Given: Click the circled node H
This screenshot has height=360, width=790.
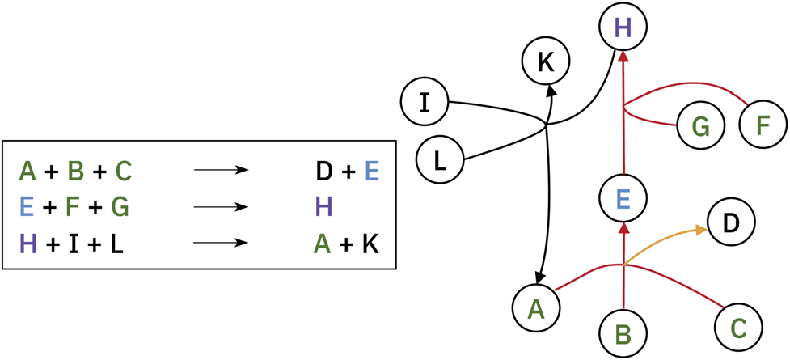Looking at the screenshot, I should point(623,28).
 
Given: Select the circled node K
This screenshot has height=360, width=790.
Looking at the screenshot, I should point(546,61).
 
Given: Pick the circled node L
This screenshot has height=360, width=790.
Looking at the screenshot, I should point(439,159).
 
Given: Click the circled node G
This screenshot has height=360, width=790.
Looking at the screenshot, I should point(700,126).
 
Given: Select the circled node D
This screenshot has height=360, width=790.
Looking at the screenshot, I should point(731,222).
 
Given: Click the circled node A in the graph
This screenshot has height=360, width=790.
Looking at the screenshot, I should point(536,308).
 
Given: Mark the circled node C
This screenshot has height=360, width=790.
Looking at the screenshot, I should point(737,327).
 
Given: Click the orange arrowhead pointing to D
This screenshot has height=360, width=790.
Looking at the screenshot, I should point(699,231).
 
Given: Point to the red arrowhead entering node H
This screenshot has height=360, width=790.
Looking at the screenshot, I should point(623,57).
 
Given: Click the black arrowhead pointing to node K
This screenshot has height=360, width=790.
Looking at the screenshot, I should point(552,88).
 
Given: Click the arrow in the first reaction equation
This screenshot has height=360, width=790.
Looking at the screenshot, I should point(221,172).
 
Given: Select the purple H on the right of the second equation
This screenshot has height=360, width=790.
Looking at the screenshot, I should point(323,207).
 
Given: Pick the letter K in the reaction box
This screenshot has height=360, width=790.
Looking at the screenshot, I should point(370,244).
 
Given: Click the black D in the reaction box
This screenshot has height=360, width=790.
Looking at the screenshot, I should point(323,172).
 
